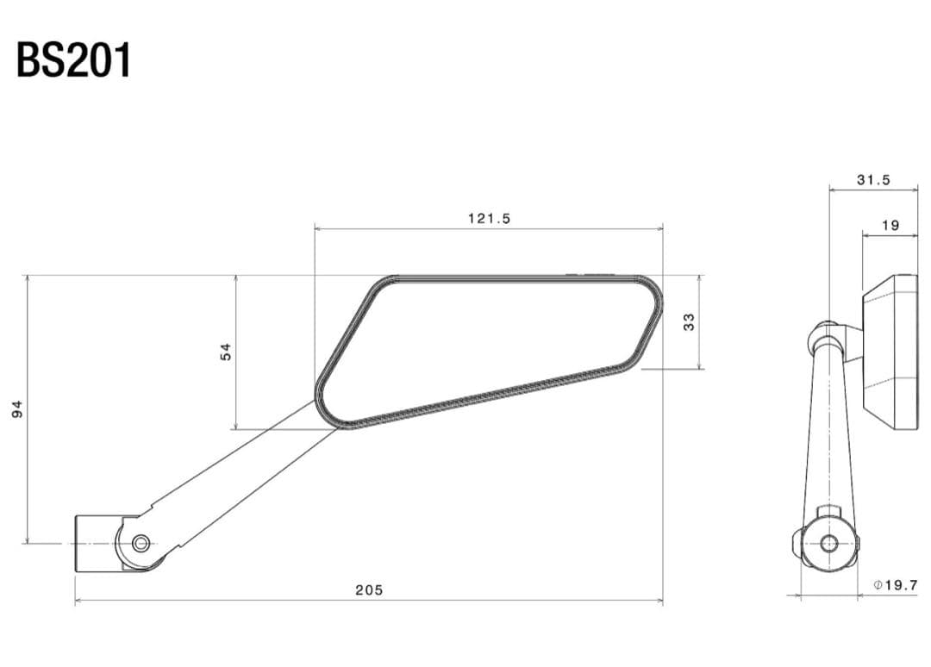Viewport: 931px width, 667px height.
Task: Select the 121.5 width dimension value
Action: pos(489,219)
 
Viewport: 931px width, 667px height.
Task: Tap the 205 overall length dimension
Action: pos(369,590)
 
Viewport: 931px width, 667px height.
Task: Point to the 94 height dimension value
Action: pos(17,409)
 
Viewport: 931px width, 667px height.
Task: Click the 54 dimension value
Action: pos(226,352)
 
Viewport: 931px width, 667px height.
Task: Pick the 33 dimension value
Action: pos(688,321)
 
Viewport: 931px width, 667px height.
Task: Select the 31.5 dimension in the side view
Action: pos(873,180)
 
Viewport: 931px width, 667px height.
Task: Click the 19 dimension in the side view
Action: pos(890,226)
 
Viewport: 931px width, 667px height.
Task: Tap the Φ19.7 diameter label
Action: pos(895,585)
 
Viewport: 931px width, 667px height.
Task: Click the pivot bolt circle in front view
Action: pos(141,543)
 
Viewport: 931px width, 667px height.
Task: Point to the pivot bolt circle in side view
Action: pos(828,543)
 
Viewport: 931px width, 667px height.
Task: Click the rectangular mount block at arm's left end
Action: pos(95,543)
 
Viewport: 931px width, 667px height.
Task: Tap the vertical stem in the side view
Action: pos(829,431)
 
